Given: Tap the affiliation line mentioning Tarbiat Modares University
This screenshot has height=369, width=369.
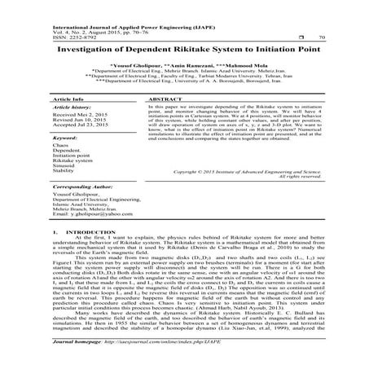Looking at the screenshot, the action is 188,77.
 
